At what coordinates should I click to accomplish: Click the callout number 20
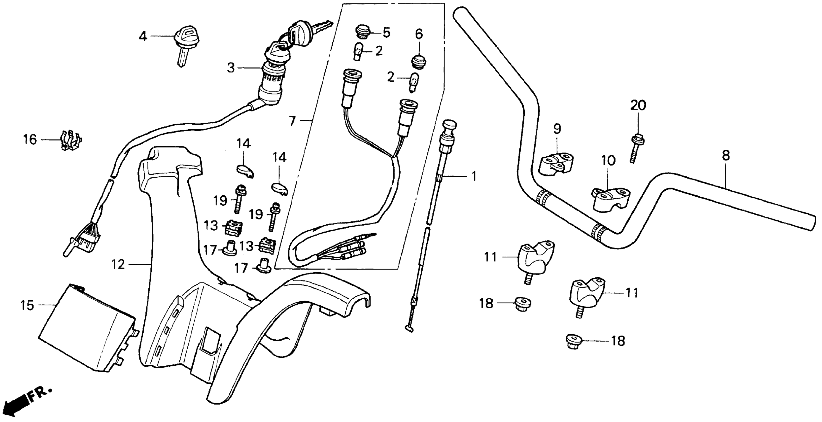click(638, 105)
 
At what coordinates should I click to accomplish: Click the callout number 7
click(292, 122)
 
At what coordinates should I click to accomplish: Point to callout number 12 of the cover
click(118, 264)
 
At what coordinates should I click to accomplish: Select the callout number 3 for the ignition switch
click(231, 68)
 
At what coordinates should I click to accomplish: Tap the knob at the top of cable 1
click(449, 124)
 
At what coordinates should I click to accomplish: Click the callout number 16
click(30, 140)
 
